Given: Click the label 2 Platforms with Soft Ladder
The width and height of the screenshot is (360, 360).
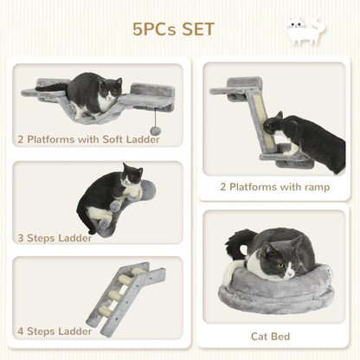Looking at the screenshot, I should click(87, 138).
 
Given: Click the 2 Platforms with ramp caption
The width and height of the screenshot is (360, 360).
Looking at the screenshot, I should click(275, 186).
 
